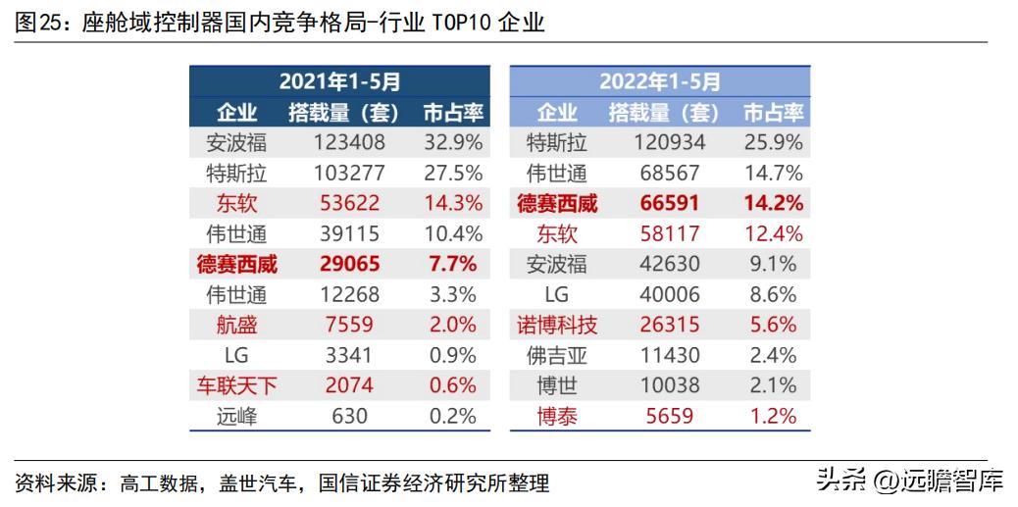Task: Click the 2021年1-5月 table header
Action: pyautogui.click(x=339, y=81)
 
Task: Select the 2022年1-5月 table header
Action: pyautogui.click(x=659, y=81)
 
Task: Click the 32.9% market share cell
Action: pyautogui.click(x=452, y=143)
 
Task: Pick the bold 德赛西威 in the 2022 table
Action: pyautogui.click(x=556, y=204)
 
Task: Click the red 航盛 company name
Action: pyautogui.click(x=236, y=326)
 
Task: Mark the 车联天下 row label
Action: pyautogui.click(x=236, y=386)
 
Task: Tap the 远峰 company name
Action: pyautogui.click(x=236, y=417)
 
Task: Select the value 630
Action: pyautogui.click(x=348, y=417)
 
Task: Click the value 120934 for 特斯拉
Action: pyautogui.click(x=670, y=143)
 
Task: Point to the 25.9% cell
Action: pyautogui.click(x=773, y=143)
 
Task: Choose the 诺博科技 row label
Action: pyautogui.click(x=556, y=326)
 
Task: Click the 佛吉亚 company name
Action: pyautogui.click(x=556, y=356)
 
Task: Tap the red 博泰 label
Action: pyautogui.click(x=556, y=417)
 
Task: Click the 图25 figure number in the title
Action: pyautogui.click(x=36, y=23)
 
